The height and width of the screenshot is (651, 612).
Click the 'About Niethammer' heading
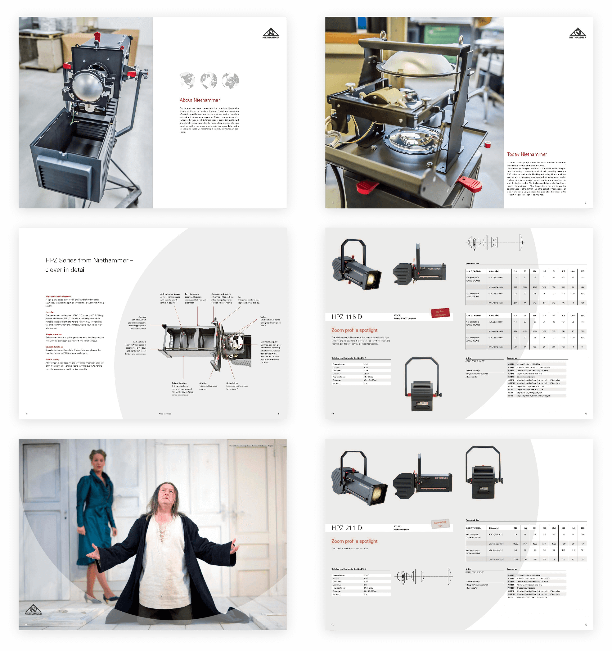[200, 100]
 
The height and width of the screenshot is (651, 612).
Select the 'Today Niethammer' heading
[527, 154]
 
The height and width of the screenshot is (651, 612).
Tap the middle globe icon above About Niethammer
[209, 80]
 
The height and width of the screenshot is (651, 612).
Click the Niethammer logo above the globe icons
[271, 34]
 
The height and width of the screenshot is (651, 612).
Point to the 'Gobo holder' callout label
[232, 383]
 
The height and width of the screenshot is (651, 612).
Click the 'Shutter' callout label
[203, 383]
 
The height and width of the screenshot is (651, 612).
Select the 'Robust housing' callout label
[179, 383]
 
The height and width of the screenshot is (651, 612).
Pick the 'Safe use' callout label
[142, 317]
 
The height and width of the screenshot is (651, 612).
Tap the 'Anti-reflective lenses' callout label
[170, 294]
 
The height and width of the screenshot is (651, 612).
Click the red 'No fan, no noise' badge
[440, 313]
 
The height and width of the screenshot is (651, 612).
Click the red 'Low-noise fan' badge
[440, 524]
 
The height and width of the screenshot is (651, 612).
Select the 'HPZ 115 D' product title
[347, 317]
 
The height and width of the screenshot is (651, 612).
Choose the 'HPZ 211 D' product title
[347, 528]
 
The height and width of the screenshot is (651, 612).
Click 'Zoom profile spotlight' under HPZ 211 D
[354, 541]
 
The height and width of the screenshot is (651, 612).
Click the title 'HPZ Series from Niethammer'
[89, 260]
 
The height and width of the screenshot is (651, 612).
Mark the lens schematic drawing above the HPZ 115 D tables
[494, 243]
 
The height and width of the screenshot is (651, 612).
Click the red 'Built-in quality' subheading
[52, 359]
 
